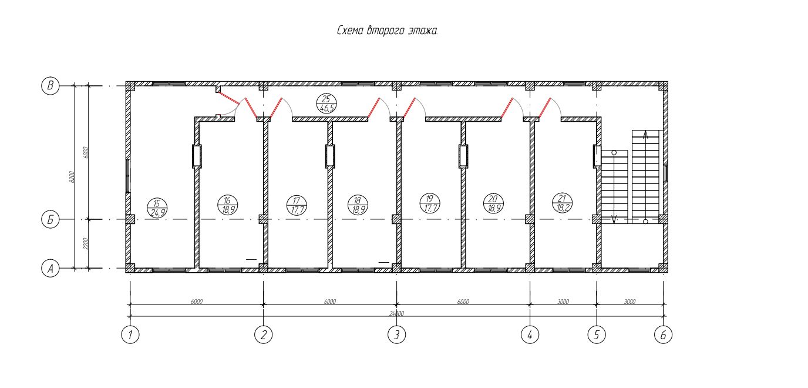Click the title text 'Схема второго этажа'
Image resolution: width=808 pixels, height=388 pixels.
point(388,31)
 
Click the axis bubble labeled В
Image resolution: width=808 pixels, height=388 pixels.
point(50,86)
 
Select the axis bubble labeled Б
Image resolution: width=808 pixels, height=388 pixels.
point(50,220)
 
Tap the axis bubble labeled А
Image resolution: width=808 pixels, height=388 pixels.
point(50,269)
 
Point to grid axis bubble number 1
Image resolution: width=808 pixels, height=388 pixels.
point(130,335)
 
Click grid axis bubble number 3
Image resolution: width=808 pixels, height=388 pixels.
point(396,335)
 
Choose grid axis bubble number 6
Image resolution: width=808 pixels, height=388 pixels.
point(663,335)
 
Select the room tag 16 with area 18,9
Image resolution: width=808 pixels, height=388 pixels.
point(227,203)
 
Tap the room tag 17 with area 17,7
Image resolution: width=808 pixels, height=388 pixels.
point(295,204)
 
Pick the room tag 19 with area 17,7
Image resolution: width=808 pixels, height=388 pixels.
point(429,203)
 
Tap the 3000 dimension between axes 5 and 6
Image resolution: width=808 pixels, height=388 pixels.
point(629,302)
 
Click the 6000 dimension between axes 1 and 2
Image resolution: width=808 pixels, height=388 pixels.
point(197,302)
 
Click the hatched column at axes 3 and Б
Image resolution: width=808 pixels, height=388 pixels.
point(396,219)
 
